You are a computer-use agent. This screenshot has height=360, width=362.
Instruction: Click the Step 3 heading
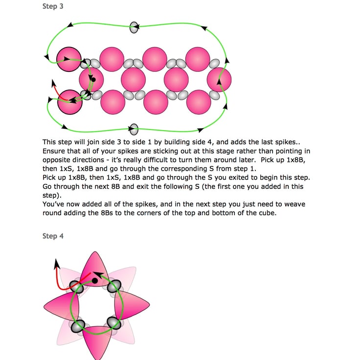pos(53,7)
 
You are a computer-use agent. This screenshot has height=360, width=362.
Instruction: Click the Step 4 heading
pos(53,236)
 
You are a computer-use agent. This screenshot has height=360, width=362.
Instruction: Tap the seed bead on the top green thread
pos(134,27)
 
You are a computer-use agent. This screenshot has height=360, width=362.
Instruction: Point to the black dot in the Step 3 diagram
pos(93,79)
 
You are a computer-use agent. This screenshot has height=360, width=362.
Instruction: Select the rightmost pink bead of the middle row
pos(219,80)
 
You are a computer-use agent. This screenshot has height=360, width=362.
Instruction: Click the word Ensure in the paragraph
pos(54,151)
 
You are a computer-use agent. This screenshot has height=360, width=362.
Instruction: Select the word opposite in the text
pos(58,160)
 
